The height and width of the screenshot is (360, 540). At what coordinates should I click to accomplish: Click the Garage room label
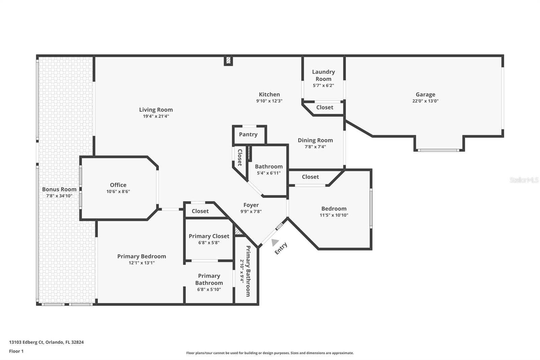425,95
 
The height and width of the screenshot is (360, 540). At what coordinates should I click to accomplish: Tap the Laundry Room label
323,75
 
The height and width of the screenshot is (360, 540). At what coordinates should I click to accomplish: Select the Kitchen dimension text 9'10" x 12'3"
269,101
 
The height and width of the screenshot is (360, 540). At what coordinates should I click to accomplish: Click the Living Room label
156,110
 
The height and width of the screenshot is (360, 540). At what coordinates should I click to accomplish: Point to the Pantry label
248,134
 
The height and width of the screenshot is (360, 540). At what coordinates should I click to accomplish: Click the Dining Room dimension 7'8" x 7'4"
315,147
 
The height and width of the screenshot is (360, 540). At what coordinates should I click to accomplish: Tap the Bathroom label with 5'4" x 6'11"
269,166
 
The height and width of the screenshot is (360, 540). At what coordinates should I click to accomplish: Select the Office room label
118,185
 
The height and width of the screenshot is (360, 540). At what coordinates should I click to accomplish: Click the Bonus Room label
59,189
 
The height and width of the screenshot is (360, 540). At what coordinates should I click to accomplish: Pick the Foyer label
251,205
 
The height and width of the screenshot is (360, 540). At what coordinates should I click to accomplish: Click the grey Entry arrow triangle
275,242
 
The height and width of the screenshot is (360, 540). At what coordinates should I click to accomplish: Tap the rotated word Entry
281,249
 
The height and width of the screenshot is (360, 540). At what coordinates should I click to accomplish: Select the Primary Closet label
209,236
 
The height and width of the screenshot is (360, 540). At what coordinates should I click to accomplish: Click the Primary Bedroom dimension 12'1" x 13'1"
142,263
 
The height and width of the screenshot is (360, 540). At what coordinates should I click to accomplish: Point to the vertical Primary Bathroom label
248,271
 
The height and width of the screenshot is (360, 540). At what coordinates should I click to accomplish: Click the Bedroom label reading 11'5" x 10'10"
334,209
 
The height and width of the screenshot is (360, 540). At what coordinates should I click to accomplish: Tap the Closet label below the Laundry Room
325,107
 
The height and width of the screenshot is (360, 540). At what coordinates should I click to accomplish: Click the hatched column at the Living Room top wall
228,60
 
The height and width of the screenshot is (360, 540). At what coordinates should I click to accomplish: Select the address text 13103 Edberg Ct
26,342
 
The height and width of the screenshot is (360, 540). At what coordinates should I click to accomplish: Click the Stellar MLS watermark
524,180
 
